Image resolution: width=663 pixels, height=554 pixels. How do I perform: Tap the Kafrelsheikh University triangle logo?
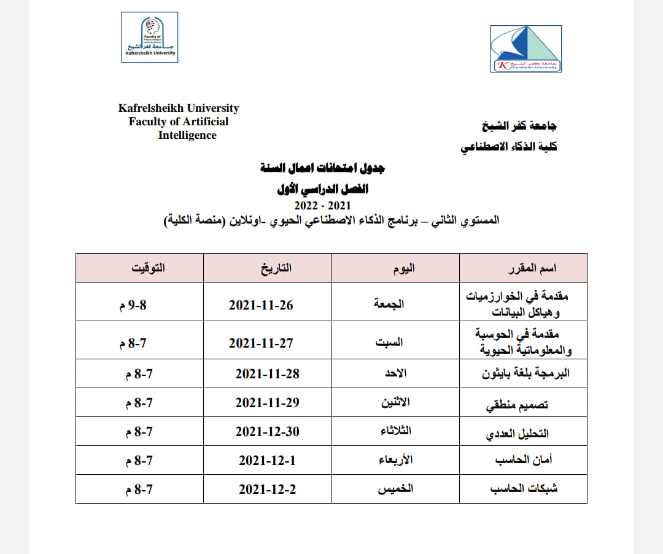point(525,49)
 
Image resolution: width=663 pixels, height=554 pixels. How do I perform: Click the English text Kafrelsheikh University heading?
point(179,108)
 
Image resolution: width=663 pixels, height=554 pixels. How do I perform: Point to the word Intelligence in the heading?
point(187,135)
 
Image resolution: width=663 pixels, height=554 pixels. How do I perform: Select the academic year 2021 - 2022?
point(322,205)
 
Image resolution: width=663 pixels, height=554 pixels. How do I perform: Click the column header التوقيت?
point(149,268)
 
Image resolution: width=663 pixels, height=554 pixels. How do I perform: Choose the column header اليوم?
point(403,268)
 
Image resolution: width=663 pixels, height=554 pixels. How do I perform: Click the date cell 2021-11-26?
point(261,305)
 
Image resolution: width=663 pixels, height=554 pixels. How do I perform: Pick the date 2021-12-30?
point(268,432)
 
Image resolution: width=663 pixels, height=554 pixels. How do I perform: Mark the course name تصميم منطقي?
point(517,405)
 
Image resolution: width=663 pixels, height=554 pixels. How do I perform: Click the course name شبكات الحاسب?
point(524,489)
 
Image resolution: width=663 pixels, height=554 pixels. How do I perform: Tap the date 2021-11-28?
point(268,373)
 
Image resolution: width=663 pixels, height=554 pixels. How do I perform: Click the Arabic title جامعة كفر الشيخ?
point(519,127)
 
